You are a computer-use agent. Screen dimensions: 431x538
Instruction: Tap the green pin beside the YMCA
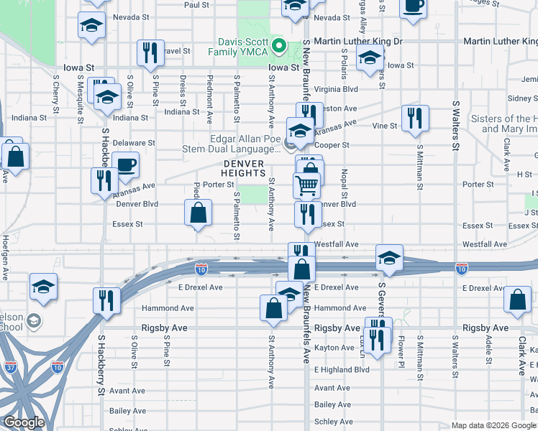[284, 47]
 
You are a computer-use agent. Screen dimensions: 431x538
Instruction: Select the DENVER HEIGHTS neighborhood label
[243, 168]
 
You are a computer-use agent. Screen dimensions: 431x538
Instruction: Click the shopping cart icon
[306, 185]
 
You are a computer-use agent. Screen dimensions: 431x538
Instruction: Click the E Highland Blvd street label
[342, 369]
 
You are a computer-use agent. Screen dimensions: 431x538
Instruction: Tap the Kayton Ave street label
[335, 348]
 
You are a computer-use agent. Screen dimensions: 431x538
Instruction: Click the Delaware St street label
[137, 143]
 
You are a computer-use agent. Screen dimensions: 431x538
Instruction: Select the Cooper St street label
[335, 144]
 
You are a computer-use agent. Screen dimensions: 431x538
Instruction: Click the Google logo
[24, 422]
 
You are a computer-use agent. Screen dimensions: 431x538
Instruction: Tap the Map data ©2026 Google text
[493, 425]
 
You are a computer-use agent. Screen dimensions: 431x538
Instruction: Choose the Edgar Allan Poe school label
[245, 144]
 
